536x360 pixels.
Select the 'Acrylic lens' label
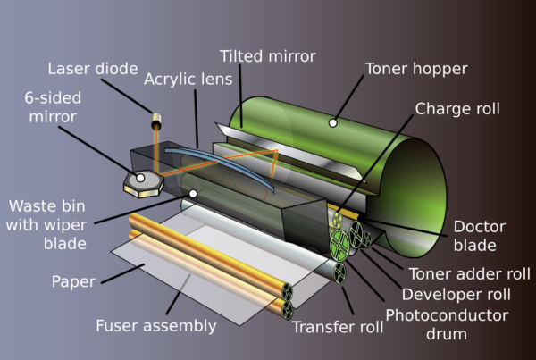(x=188, y=79)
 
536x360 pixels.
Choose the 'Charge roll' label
(x=458, y=109)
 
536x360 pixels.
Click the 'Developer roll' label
(x=456, y=294)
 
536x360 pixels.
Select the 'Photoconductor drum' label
(x=447, y=324)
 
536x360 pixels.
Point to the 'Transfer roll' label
(x=338, y=328)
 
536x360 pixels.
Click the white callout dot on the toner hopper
(x=332, y=121)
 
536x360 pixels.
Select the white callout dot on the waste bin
(x=192, y=192)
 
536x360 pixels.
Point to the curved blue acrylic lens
(x=232, y=164)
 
